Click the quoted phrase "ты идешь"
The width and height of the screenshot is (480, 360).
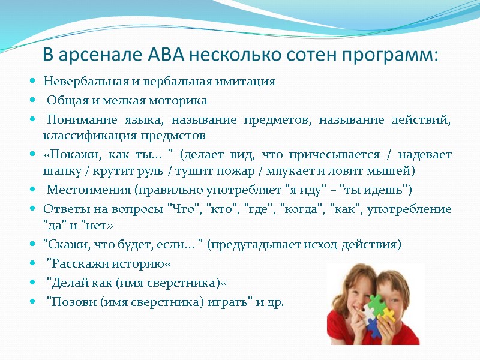click(x=373, y=191)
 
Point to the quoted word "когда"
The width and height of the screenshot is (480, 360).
click(x=295, y=209)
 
